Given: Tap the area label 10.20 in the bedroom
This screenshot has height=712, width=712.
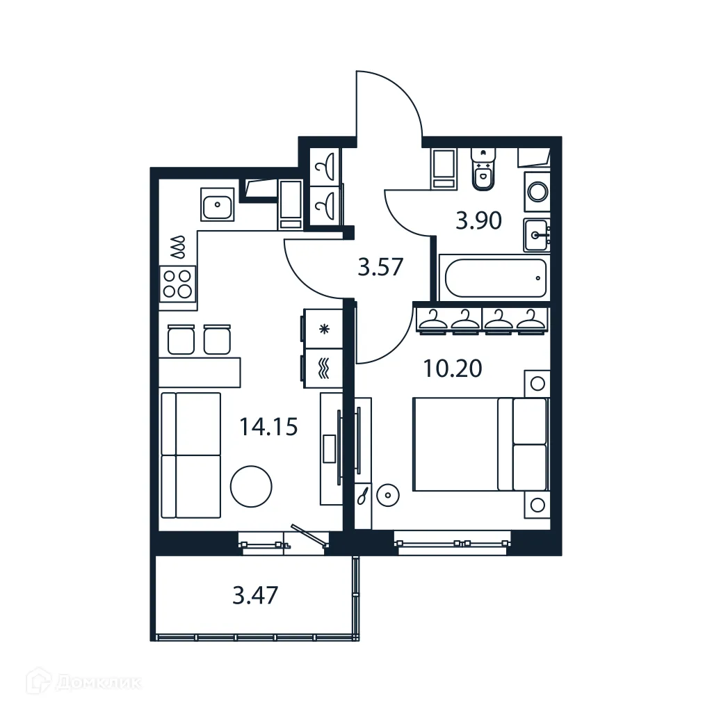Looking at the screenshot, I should tap(453, 369).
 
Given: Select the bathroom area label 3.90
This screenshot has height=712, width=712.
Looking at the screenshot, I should tap(478, 221).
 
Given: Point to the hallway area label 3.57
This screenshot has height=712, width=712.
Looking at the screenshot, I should tap(380, 266).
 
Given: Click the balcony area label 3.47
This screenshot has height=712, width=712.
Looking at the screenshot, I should tap(255, 596).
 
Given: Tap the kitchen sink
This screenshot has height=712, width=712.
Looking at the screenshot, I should tap(218, 204).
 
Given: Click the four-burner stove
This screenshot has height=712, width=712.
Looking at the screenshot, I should tap(177, 283).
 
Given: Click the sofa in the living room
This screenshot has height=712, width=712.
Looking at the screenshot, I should tap(191, 455).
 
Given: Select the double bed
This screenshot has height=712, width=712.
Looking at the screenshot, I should tap(480, 444).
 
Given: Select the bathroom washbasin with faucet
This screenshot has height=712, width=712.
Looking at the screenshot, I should tap(536, 234).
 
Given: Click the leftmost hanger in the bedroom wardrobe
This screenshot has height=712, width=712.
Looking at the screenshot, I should tap(433, 320).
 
